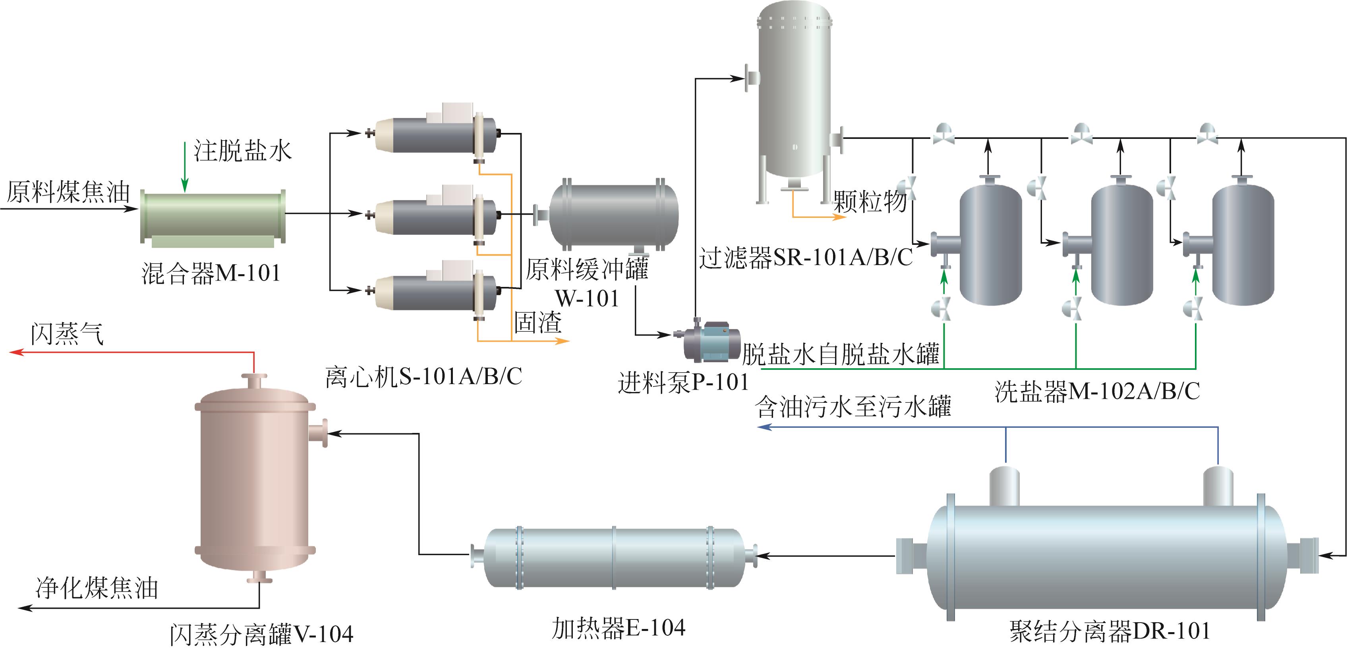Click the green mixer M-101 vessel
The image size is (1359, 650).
tap(213, 217)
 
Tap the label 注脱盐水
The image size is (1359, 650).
tap(242, 151)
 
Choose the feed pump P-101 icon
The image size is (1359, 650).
tap(709, 342)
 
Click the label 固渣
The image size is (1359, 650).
tap(538, 322)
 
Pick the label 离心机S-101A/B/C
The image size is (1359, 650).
tap(423, 377)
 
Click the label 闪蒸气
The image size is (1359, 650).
tap(67, 334)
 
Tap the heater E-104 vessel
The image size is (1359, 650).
tap(613, 557)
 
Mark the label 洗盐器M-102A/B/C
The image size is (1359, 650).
tap(1097, 391)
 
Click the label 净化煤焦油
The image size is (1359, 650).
tap(97, 588)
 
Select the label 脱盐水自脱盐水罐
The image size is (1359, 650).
tap(841, 354)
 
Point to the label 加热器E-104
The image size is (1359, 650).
tap(618, 628)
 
